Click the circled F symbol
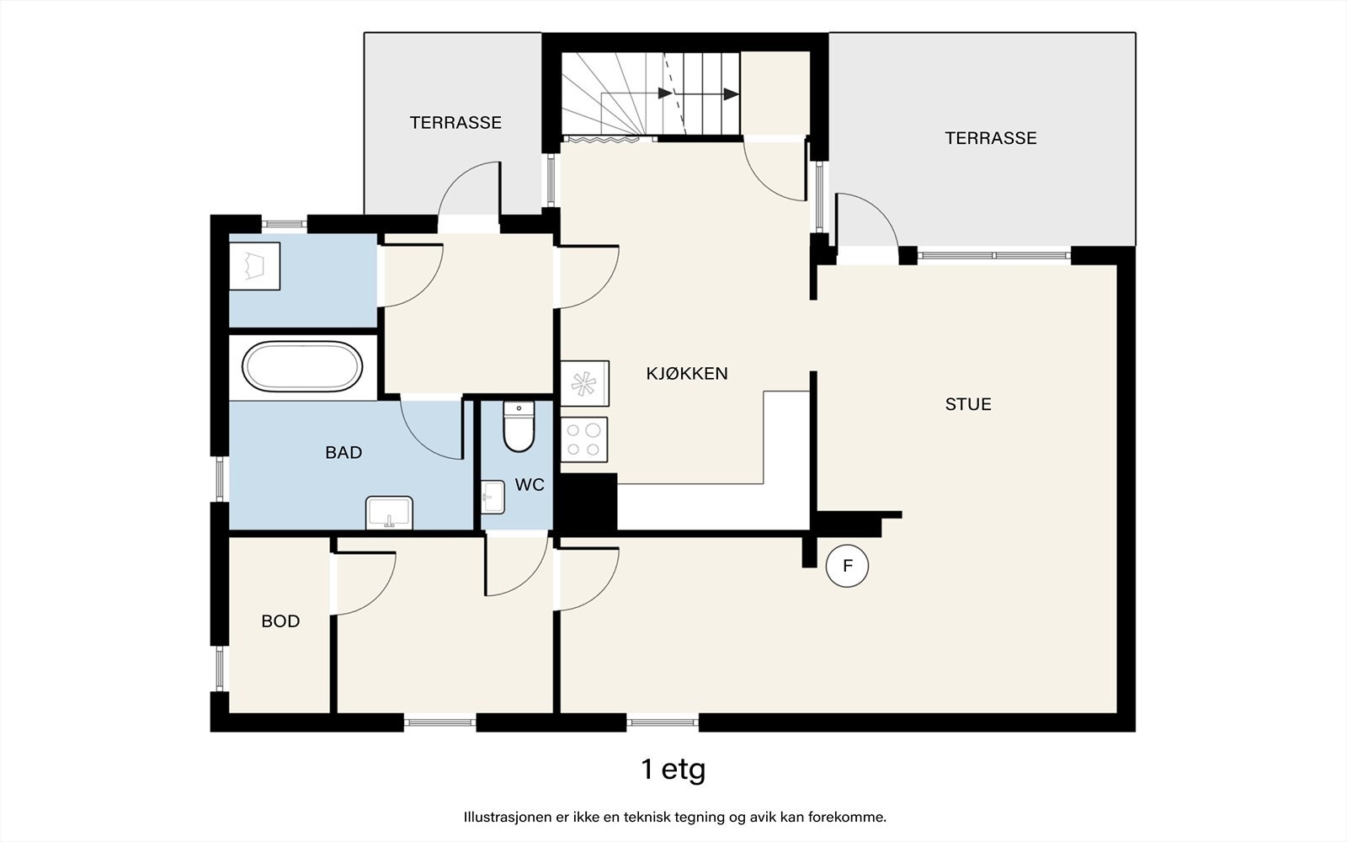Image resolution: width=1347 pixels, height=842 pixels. (847, 566)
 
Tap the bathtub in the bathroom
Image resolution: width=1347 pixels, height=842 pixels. (302, 367)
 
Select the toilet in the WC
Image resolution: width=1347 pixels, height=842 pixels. (519, 427)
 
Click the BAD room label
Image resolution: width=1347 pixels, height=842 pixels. (343, 452)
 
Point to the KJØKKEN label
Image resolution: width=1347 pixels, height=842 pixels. (687, 374)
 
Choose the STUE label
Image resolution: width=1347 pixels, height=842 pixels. (968, 404)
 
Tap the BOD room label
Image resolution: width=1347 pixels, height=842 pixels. (280, 621)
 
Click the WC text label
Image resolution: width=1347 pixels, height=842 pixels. (530, 484)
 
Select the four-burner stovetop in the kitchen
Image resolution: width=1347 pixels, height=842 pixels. (584, 440)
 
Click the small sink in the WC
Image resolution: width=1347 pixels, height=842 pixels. (493, 497)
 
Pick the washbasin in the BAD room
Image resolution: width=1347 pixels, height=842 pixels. (389, 513)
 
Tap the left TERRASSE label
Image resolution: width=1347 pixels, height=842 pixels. (455, 123)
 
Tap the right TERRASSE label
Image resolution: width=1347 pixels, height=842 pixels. (991, 138)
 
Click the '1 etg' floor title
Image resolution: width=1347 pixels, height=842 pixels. (673, 770)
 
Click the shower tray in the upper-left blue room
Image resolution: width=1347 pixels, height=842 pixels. (254, 266)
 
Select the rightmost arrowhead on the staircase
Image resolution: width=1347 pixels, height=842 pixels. (732, 94)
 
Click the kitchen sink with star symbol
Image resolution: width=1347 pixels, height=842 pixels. (584, 383)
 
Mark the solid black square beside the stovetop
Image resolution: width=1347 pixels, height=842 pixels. (586, 502)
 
